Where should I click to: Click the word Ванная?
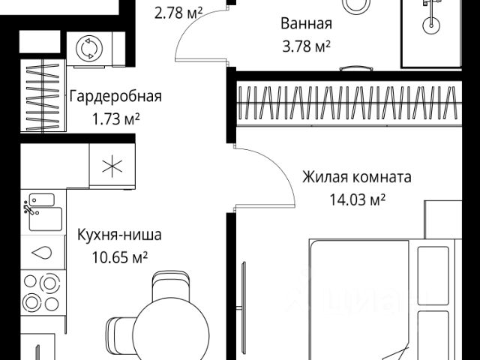[304, 23]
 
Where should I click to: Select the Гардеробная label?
[115, 96]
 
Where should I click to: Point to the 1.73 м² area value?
[115, 118]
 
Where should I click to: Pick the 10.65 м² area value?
[119, 258]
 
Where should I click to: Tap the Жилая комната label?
[357, 178]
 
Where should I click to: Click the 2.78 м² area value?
[178, 11]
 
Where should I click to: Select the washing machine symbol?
[89, 49]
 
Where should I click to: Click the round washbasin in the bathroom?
[431, 24]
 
